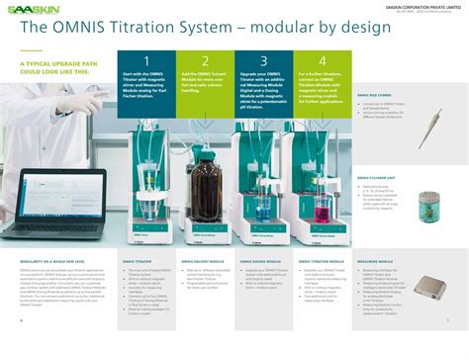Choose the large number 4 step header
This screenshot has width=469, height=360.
(x=322, y=61)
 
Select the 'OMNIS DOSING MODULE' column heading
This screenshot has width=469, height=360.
(x=259, y=262)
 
